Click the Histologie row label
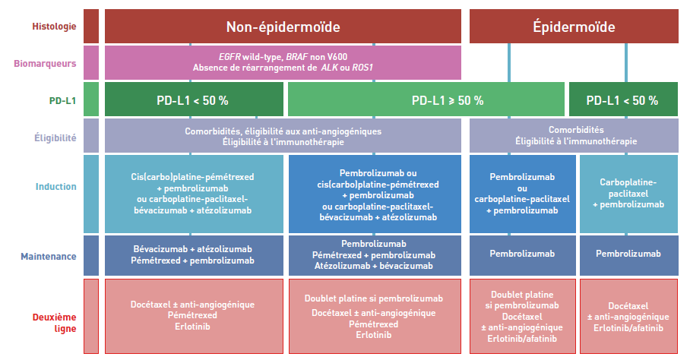54,27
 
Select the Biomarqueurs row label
45,63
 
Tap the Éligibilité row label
55,137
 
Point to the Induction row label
56,186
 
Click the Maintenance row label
49,256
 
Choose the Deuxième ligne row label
54,323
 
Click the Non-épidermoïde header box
283,27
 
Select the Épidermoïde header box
574,27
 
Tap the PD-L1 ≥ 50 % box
426,99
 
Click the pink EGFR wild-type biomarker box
283,62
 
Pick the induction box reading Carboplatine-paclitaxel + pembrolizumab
629,194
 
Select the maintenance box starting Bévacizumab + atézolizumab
194,255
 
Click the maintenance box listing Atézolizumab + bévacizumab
375,255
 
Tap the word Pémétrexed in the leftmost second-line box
192,315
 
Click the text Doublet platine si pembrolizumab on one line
374,298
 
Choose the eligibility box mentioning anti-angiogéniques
283,136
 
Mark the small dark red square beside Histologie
91,27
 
